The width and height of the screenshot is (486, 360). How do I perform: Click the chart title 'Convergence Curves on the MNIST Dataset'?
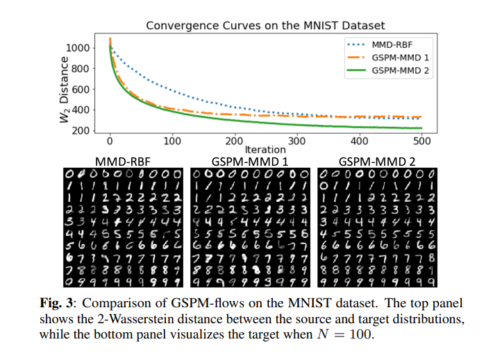[265, 26]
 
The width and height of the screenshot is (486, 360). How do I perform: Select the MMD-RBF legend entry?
[392, 44]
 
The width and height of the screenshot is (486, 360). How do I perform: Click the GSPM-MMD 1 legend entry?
[399, 57]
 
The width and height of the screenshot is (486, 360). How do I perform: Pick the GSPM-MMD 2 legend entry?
[399, 69]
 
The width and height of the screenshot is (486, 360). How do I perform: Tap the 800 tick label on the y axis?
[81, 69]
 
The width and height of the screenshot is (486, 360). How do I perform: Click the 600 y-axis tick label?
[81, 89]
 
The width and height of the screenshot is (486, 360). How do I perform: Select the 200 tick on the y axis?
[81, 131]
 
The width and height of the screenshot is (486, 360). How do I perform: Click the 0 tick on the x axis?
[110, 141]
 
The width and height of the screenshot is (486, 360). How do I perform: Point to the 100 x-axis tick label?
[172, 141]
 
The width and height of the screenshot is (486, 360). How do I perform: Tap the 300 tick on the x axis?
[297, 141]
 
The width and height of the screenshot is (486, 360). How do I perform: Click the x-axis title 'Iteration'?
[265, 150]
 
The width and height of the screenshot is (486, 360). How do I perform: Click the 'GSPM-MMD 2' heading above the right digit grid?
[380, 161]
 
